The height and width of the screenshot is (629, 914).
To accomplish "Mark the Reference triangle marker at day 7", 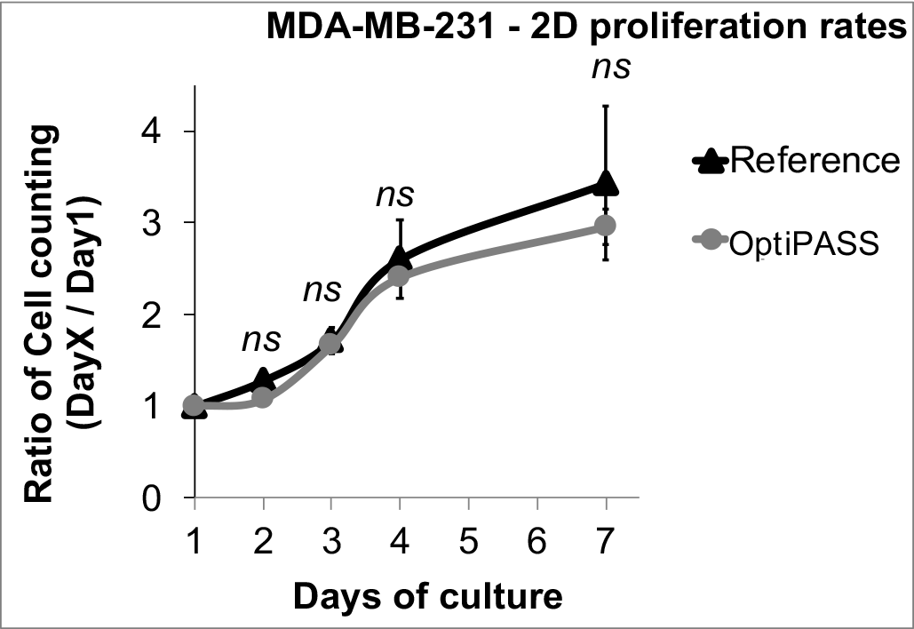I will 606,182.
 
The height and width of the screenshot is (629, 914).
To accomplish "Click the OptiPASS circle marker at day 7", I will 606,226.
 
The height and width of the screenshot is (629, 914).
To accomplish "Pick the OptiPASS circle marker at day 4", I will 400,275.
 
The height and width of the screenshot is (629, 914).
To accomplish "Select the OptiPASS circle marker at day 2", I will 263,397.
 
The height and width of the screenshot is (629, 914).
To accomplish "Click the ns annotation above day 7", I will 611,68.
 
